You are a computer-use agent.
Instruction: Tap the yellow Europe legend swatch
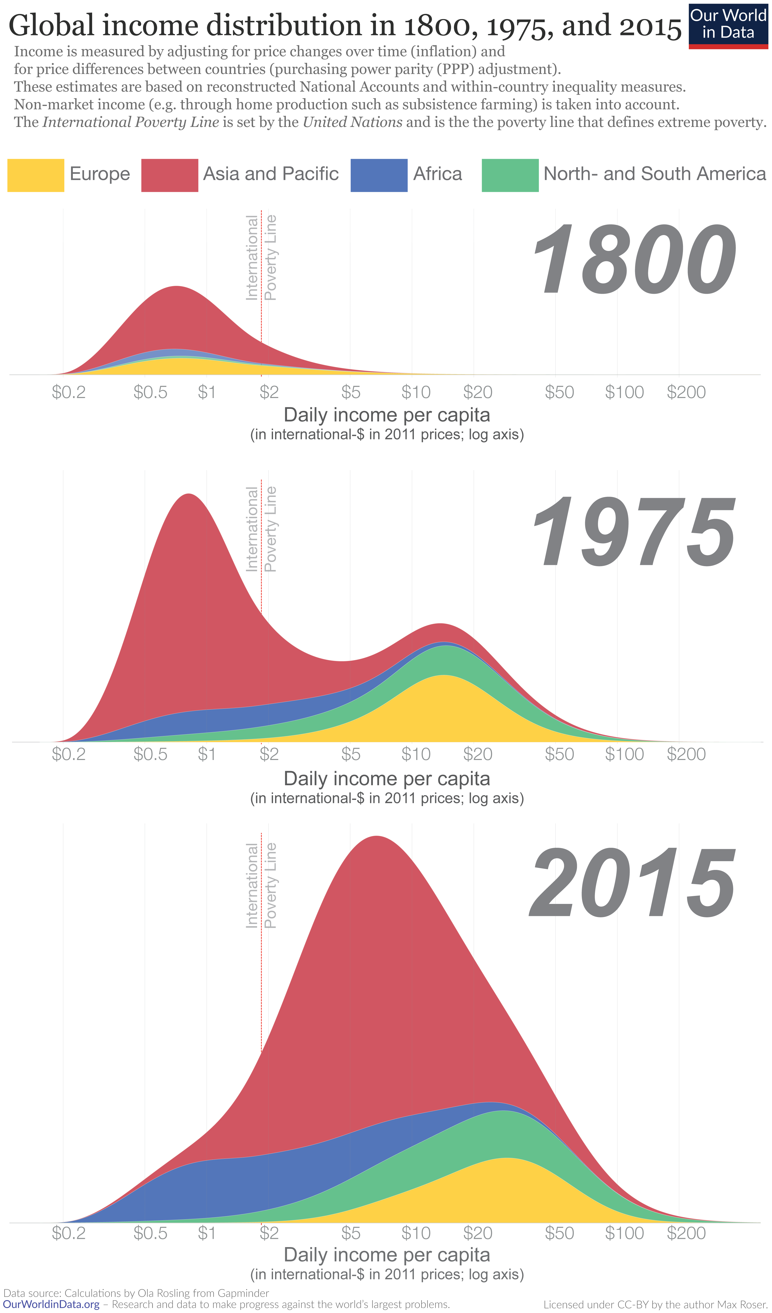(x=36, y=175)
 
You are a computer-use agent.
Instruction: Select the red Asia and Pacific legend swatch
(x=169, y=175)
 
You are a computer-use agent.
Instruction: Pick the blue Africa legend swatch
(x=379, y=175)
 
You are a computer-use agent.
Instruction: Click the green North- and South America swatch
(x=510, y=175)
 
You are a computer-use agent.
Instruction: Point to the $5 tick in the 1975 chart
(x=350, y=754)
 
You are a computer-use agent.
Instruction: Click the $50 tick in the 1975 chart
(x=559, y=754)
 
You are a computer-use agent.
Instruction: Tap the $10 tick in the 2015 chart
(x=416, y=1233)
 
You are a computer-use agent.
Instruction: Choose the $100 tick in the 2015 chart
(x=624, y=1233)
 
